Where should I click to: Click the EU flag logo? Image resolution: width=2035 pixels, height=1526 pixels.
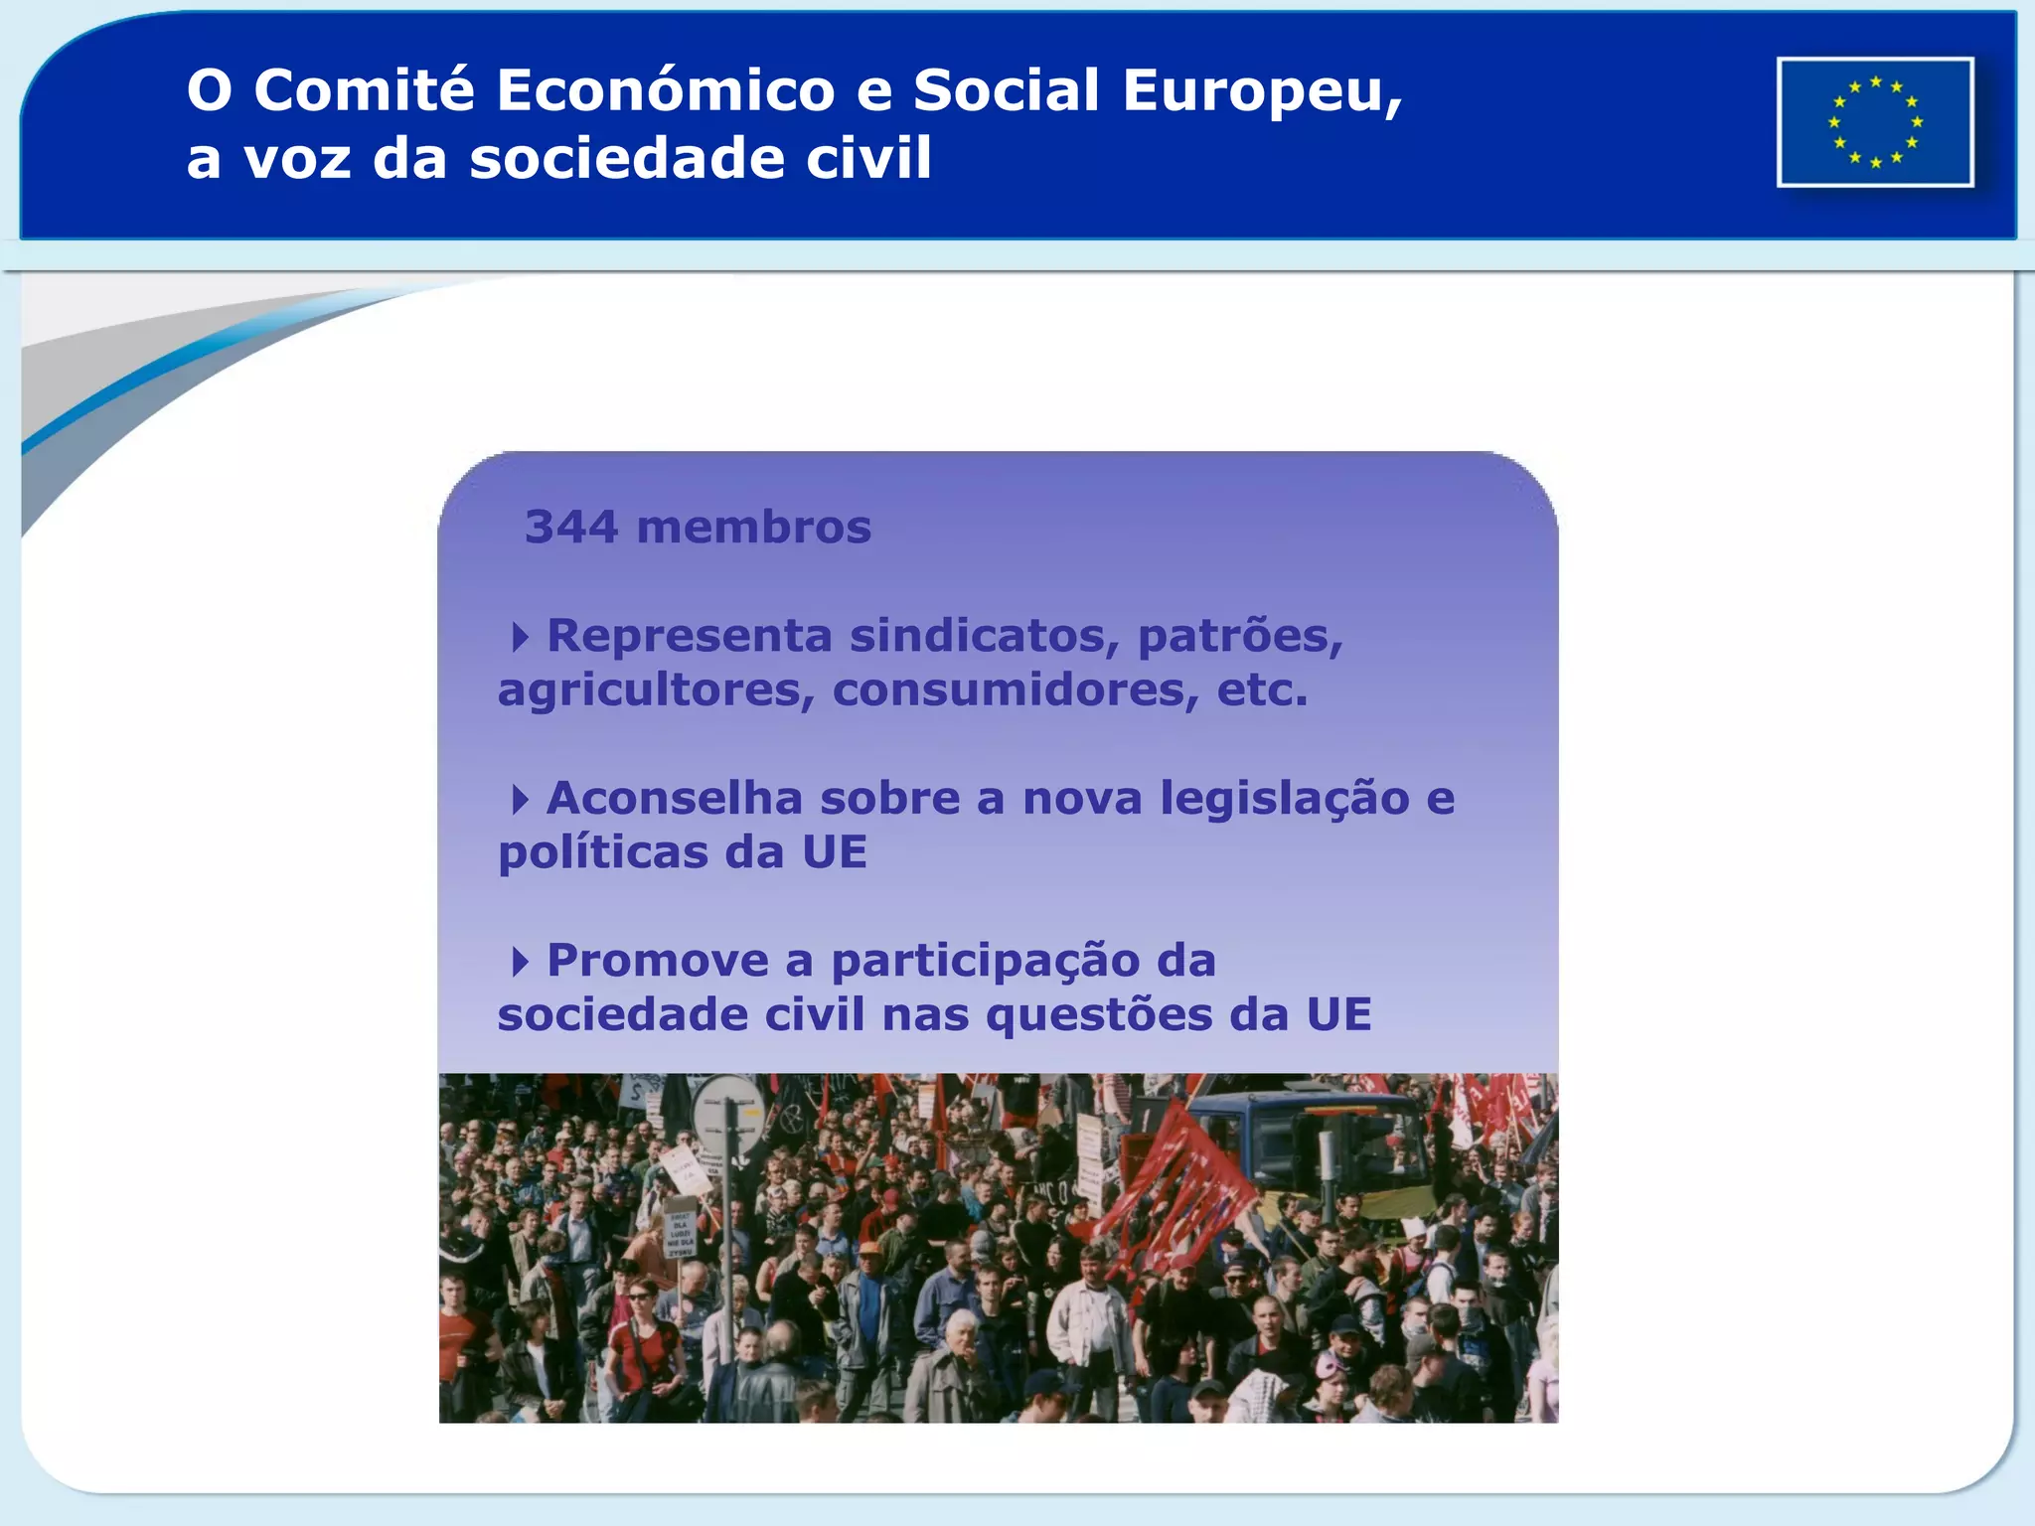click(x=1875, y=122)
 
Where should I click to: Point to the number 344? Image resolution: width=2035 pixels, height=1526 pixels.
click(x=571, y=528)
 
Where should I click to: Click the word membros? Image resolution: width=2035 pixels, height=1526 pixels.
click(x=753, y=528)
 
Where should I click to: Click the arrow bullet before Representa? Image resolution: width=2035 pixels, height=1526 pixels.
click(x=520, y=637)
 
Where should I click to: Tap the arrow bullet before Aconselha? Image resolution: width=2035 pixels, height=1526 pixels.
click(x=520, y=800)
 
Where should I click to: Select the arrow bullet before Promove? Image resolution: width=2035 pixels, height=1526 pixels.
click(x=520, y=962)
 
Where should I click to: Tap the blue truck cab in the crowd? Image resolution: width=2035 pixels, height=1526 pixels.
click(x=1312, y=1143)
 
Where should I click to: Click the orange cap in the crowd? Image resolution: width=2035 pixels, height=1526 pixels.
click(x=869, y=1249)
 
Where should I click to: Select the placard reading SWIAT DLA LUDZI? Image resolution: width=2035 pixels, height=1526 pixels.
click(x=680, y=1233)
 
